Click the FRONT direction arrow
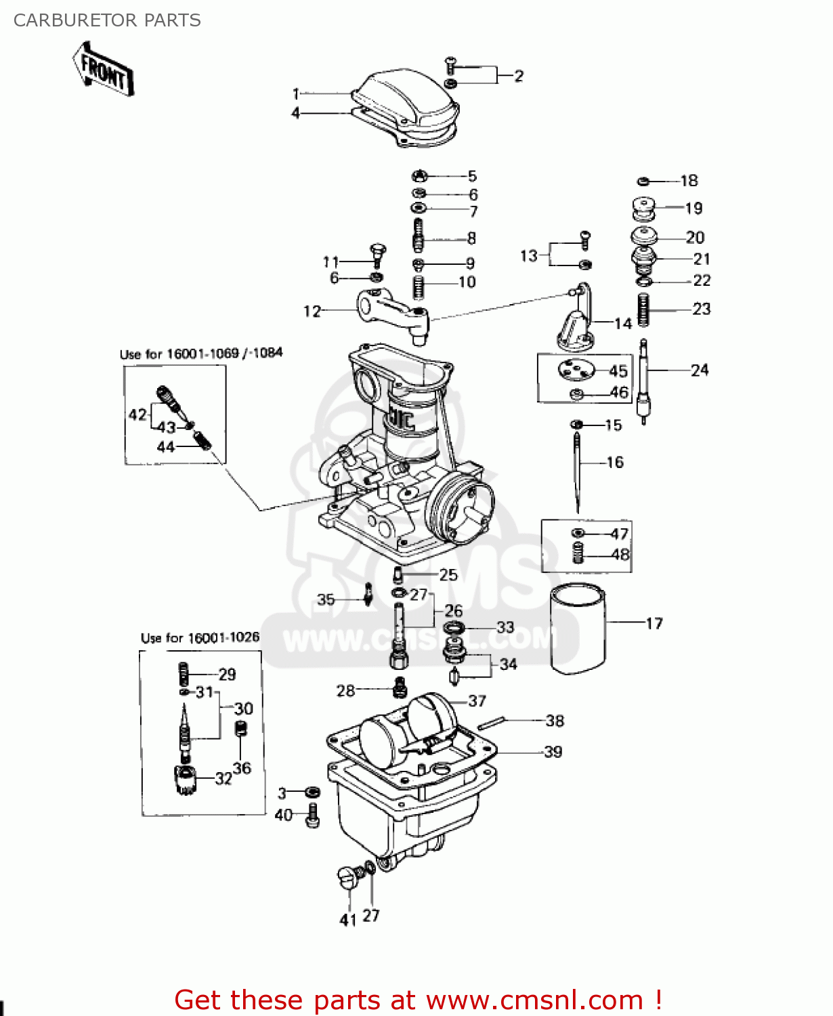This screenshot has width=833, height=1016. (x=103, y=69)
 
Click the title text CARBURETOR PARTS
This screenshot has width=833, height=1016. (x=107, y=20)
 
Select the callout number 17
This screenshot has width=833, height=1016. (x=654, y=623)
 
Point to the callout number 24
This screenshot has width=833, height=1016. (x=699, y=371)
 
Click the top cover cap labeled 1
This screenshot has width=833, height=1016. (x=406, y=102)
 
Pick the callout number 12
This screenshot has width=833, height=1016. (x=312, y=311)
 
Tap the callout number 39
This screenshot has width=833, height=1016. (x=553, y=752)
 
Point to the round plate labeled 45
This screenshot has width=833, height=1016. (x=576, y=371)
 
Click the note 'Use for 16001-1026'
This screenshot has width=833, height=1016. (x=200, y=638)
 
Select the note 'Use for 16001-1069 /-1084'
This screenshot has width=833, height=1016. (x=200, y=354)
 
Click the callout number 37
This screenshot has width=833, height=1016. (x=477, y=701)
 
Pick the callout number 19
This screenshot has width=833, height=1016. (x=693, y=208)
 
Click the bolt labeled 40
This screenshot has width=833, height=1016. (x=312, y=816)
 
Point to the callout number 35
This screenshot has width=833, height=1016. (x=326, y=599)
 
